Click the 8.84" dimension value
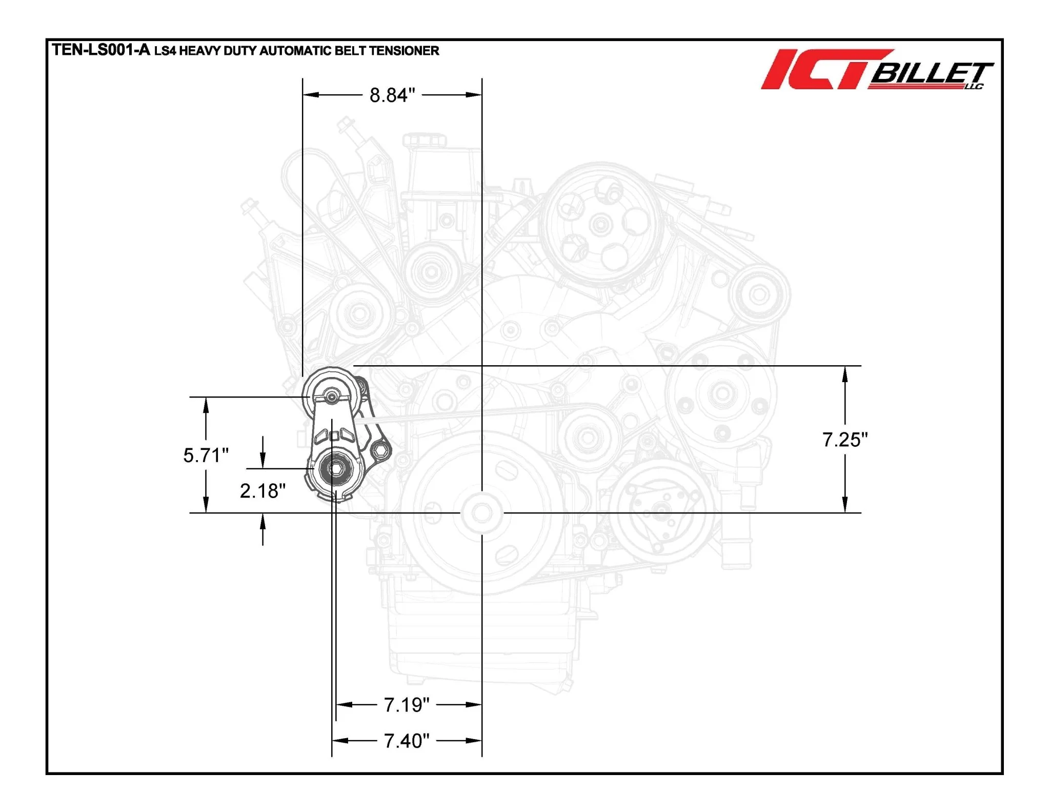(x=392, y=95)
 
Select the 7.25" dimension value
(x=845, y=440)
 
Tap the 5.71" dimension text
(x=206, y=455)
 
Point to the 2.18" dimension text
(x=262, y=491)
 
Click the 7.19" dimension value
(x=407, y=705)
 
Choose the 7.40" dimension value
(x=407, y=741)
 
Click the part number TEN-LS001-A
(x=101, y=50)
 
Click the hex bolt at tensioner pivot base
(x=336, y=469)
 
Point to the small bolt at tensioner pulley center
(x=332, y=397)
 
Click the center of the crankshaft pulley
(x=481, y=512)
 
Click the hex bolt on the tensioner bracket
(x=380, y=451)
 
